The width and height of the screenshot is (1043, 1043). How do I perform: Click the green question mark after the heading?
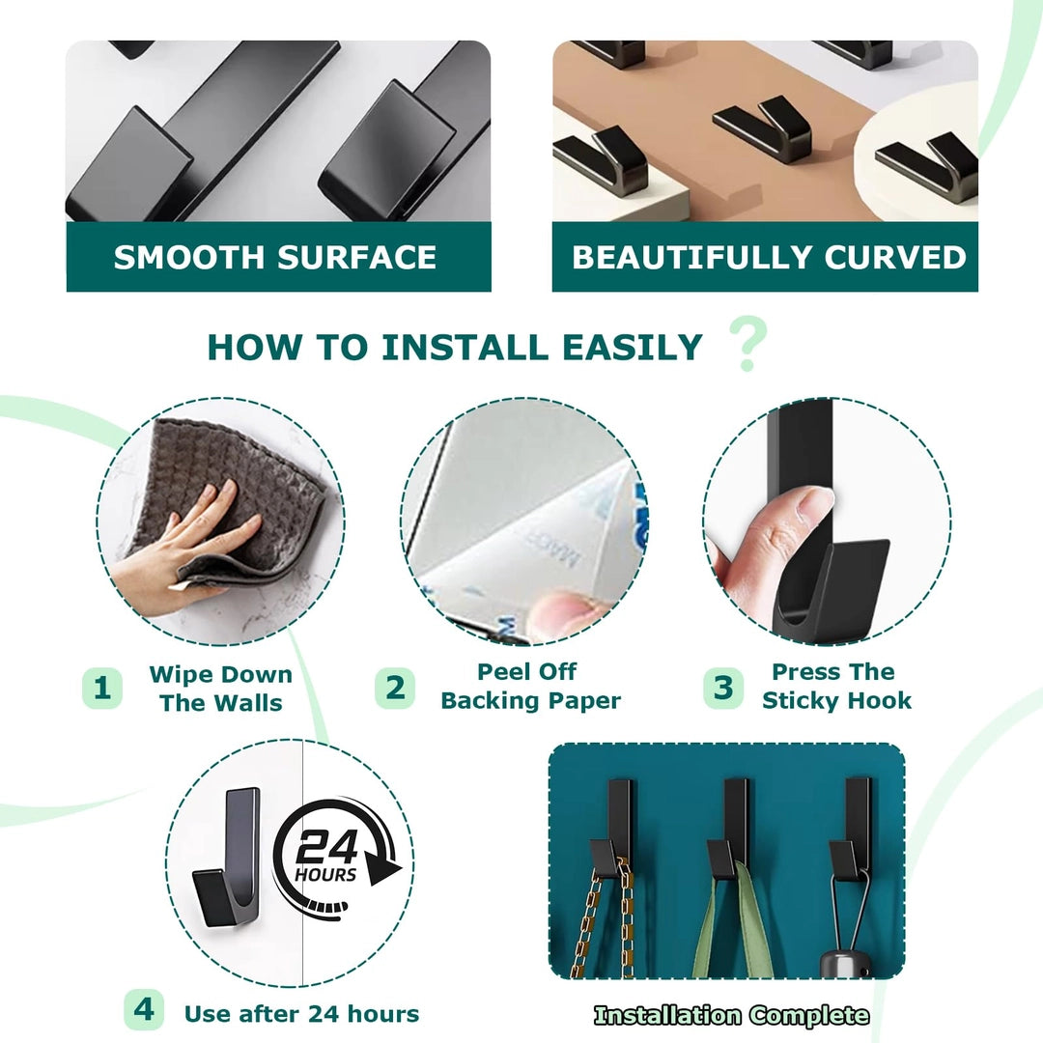coord(748,343)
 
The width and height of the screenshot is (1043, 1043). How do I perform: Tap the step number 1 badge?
coord(101,688)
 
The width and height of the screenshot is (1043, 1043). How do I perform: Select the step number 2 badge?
coord(395,688)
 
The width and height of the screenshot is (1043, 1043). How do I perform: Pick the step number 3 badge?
coord(723,688)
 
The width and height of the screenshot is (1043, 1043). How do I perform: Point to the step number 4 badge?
coord(144,1010)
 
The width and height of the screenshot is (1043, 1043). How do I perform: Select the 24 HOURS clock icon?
coord(336,860)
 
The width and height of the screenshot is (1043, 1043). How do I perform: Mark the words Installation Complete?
coord(731,1015)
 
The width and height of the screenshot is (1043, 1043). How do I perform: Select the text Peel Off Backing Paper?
coord(530,686)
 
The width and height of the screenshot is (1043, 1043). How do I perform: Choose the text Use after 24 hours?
coord(302,1014)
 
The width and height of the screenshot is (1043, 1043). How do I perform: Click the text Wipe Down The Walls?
coord(221,689)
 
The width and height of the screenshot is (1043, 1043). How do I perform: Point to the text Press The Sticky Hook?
coord(836,686)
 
